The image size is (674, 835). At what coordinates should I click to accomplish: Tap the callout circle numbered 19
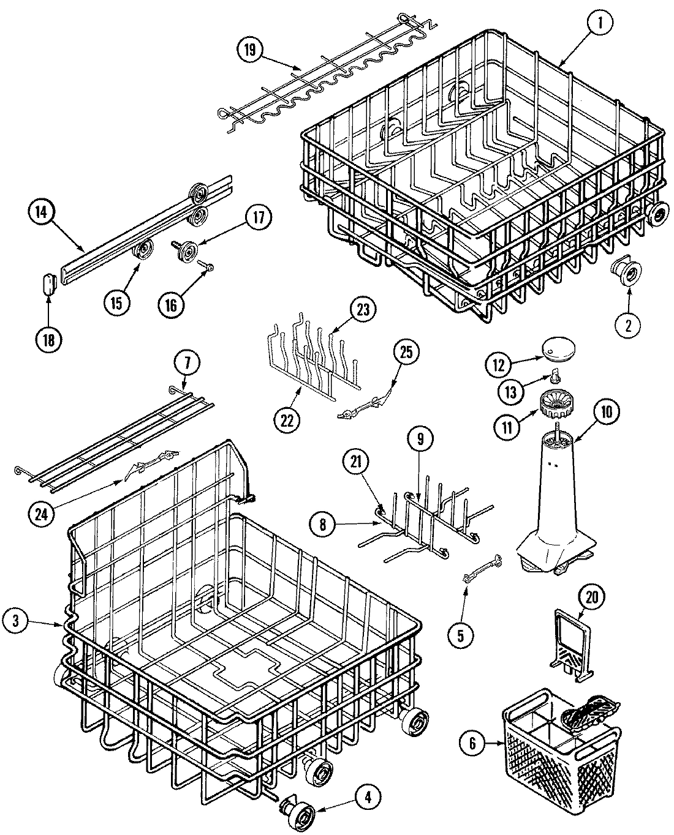249,50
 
